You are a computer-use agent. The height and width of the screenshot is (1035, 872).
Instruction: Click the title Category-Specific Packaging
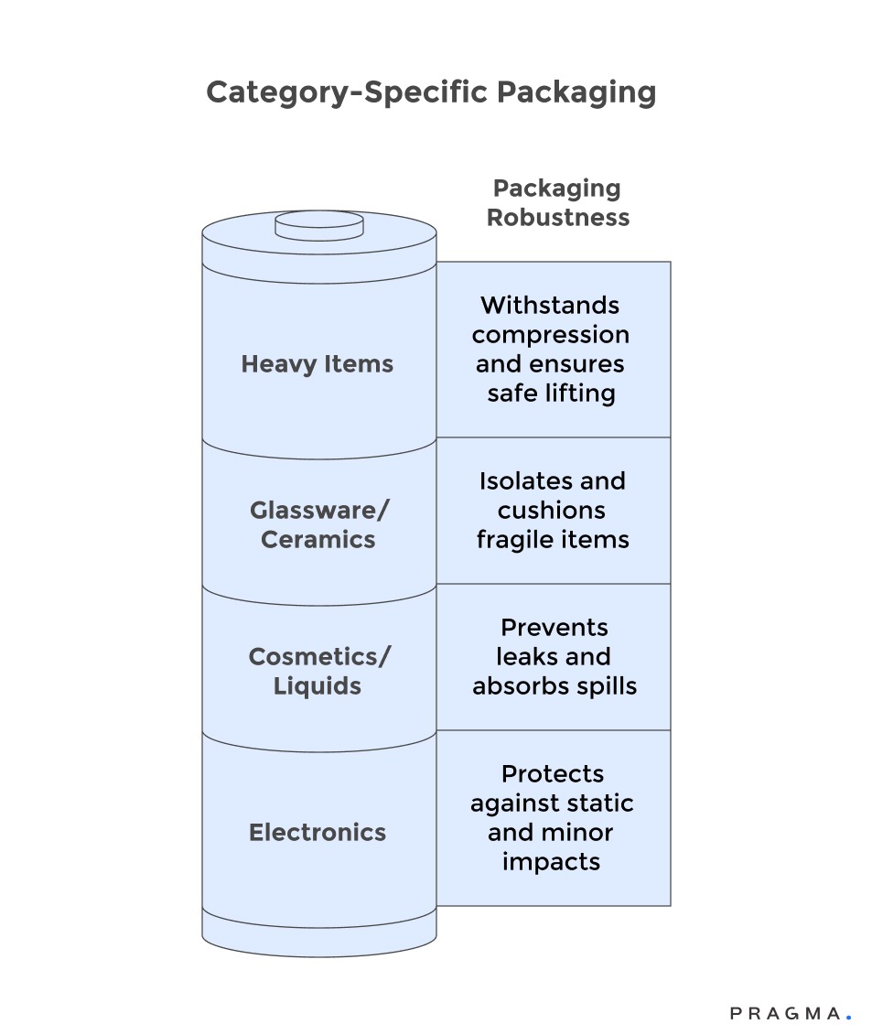(x=431, y=93)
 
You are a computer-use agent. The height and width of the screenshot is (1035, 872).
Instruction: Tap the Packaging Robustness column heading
(x=557, y=202)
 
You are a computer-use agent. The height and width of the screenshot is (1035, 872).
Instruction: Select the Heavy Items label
(x=318, y=364)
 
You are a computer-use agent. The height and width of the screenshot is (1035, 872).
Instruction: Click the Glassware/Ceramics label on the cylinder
(x=318, y=524)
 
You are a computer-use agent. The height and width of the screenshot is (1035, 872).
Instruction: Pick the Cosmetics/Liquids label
(x=318, y=671)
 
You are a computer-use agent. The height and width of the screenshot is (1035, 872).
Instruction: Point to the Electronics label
(x=318, y=833)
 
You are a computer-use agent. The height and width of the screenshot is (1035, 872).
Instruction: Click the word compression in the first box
(x=551, y=335)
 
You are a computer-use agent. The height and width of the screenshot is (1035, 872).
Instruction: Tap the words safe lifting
(x=551, y=394)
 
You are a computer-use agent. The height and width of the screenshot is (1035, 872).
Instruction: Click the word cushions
(x=552, y=511)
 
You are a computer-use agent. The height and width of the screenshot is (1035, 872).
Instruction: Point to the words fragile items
(x=553, y=540)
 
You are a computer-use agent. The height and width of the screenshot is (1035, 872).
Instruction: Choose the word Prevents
(x=554, y=628)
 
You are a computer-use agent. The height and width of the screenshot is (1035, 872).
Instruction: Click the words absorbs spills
(x=554, y=686)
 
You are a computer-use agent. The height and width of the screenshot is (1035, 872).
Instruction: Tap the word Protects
(x=553, y=774)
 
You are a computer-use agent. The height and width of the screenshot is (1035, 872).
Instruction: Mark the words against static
(x=552, y=803)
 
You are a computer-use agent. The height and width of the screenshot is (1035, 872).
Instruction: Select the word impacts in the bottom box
(x=551, y=862)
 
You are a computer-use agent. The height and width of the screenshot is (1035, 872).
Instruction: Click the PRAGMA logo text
(x=785, y=1013)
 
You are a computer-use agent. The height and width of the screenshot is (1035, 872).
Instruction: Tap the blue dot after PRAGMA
(x=848, y=1017)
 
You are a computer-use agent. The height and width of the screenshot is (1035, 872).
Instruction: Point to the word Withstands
(x=550, y=306)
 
